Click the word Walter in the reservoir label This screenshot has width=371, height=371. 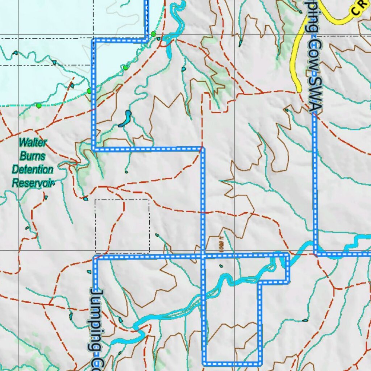point(33,142)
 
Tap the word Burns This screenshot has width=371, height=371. point(33,156)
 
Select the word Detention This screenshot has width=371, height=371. point(33,169)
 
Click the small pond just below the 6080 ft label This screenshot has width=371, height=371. point(221,266)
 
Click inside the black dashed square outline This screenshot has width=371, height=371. point(122,225)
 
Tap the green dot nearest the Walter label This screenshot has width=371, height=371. point(39,105)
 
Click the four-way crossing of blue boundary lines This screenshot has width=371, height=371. point(203,256)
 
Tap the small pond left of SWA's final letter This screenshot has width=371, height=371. point(286,110)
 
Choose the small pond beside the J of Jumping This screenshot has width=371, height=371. point(89,272)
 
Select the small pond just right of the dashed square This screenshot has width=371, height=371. point(157,235)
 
